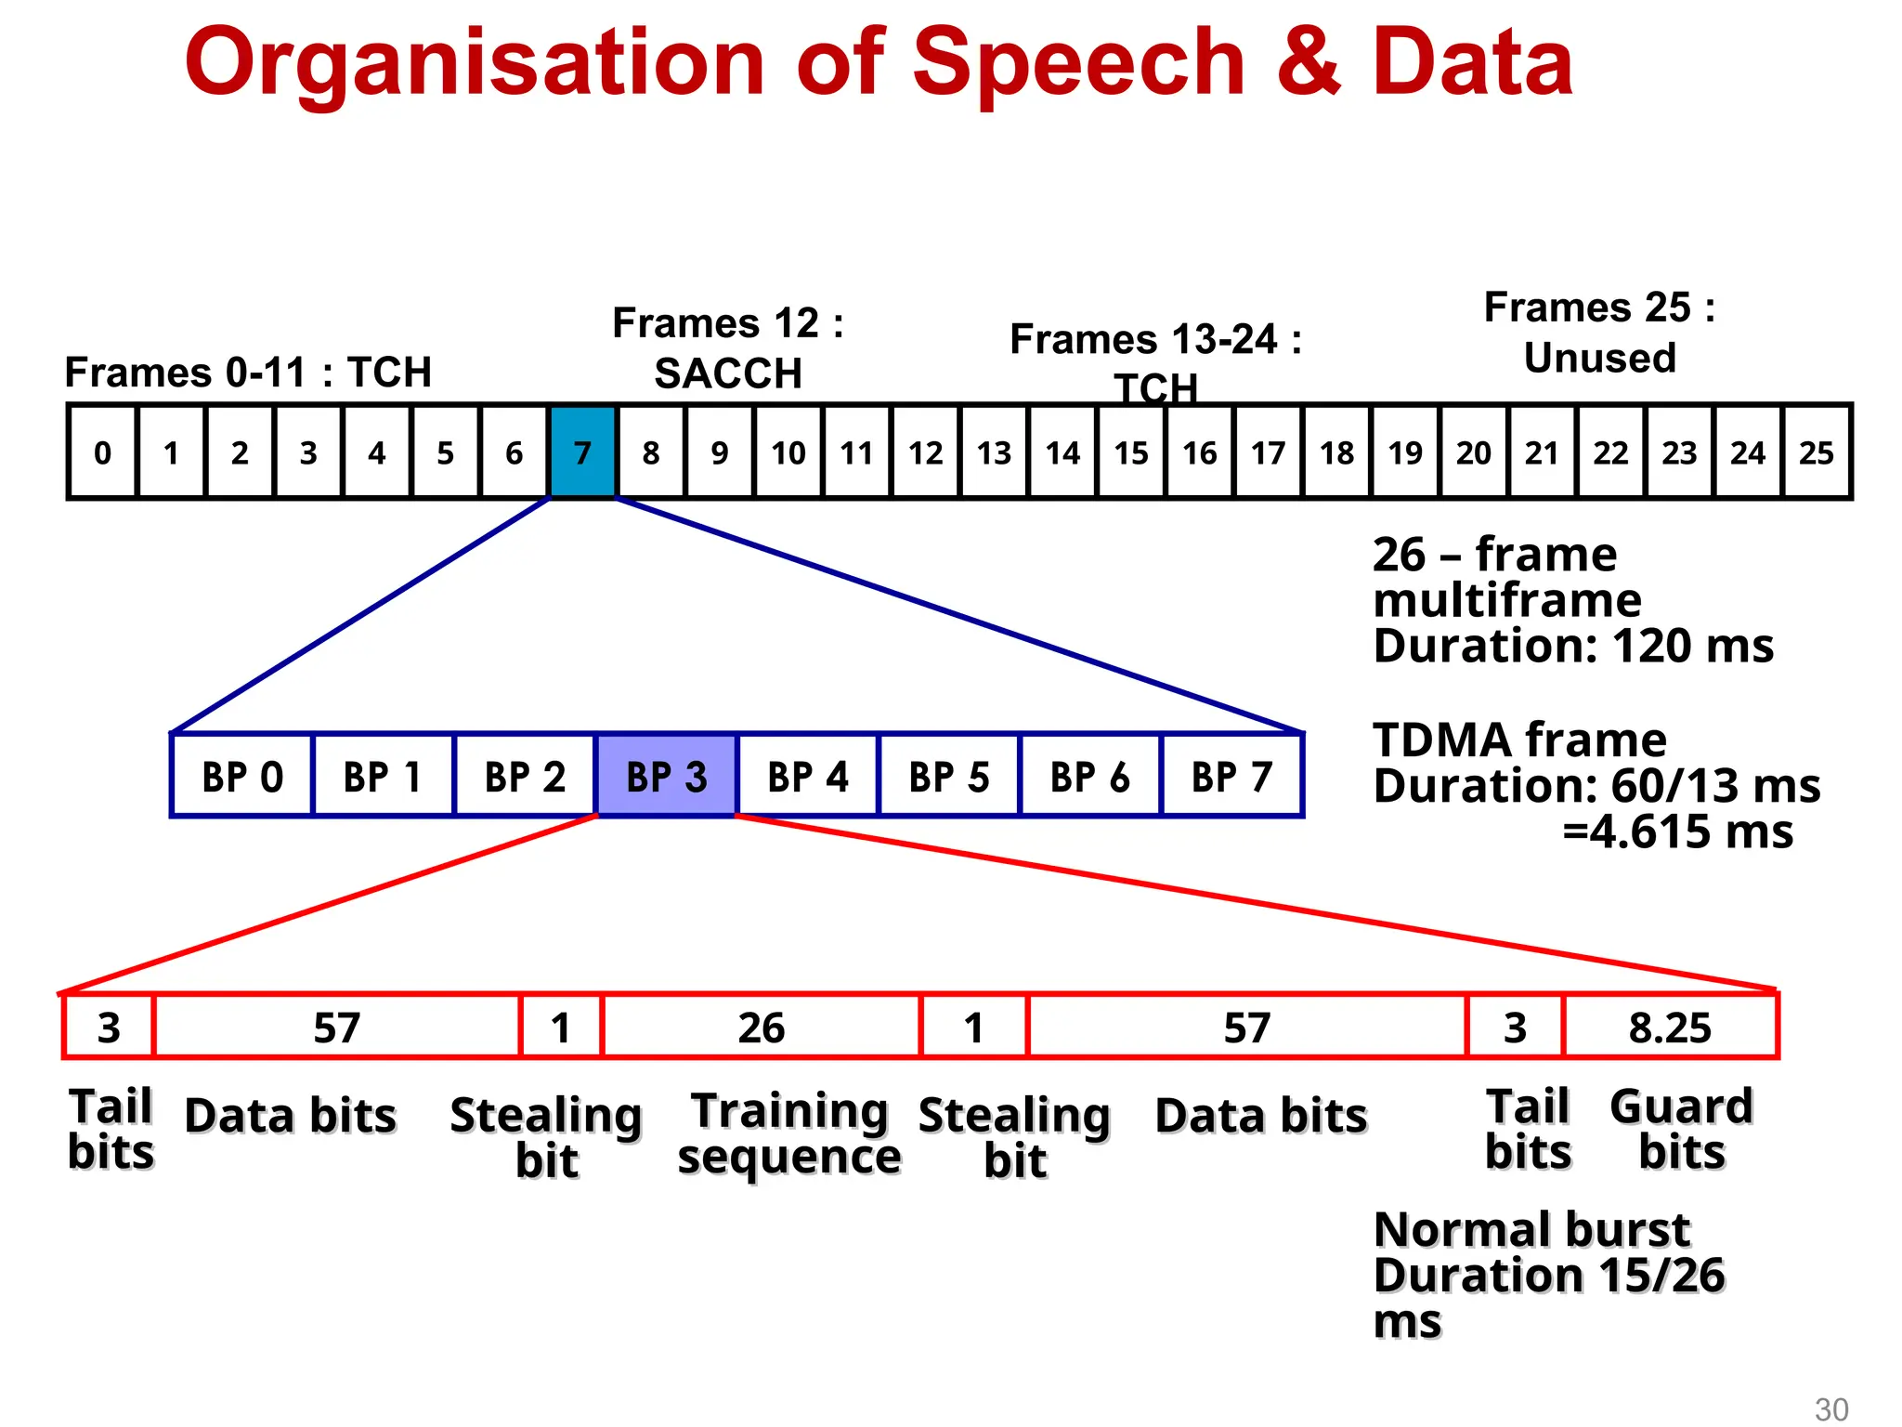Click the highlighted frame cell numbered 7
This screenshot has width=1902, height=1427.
pyautogui.click(x=582, y=452)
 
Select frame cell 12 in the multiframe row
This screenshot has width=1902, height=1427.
pyautogui.click(x=925, y=452)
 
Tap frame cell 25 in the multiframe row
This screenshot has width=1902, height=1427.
pyautogui.click(x=1817, y=452)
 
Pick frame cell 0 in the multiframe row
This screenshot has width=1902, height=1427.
pyautogui.click(x=102, y=452)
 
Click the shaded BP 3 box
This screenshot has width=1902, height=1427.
pyautogui.click(x=667, y=776)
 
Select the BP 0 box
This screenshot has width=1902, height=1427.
pyautogui.click(x=242, y=776)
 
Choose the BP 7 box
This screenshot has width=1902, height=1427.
pyautogui.click(x=1231, y=776)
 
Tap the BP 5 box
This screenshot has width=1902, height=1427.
pyautogui.click(x=949, y=776)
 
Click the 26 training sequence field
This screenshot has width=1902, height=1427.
pyautogui.click(x=762, y=1028)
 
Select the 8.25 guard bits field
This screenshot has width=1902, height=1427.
pyautogui.click(x=1670, y=1028)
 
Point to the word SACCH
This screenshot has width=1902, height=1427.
pyautogui.click(x=728, y=373)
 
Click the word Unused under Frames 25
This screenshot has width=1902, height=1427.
pyautogui.click(x=1599, y=358)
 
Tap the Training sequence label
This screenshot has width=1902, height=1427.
pyautogui.click(x=789, y=1133)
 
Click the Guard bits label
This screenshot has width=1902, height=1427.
pyautogui.click(x=1681, y=1129)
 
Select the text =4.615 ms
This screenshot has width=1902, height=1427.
pyautogui.click(x=1677, y=831)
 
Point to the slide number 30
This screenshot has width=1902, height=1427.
pyautogui.click(x=1831, y=1408)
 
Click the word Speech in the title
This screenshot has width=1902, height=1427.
pyautogui.click(x=1078, y=63)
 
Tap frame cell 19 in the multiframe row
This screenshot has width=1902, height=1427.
pyautogui.click(x=1405, y=452)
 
